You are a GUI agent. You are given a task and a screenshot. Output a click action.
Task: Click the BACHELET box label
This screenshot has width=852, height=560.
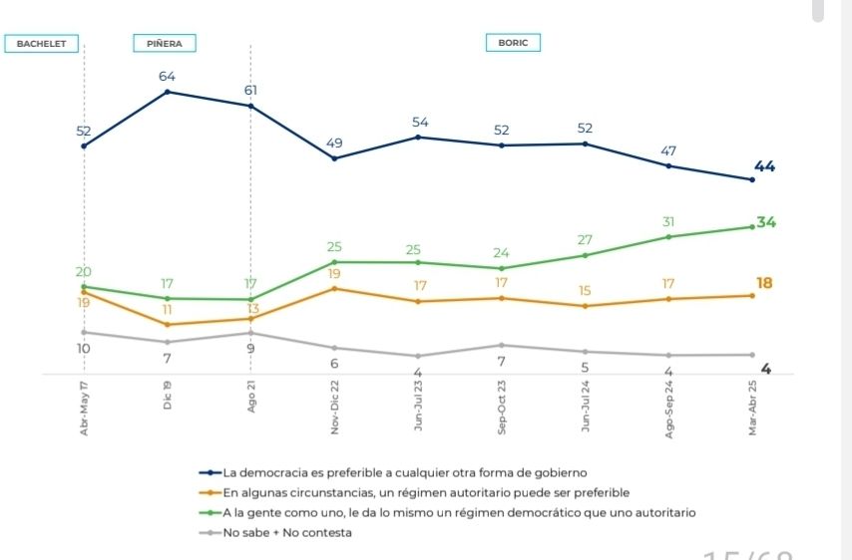41,44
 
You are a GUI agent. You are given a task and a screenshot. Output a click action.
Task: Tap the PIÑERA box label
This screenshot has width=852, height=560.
165,44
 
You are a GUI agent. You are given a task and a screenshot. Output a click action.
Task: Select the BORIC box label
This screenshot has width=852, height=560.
513,43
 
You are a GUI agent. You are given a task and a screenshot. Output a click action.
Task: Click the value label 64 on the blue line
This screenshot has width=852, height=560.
167,77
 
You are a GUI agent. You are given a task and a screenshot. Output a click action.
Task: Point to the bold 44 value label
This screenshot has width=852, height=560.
765,166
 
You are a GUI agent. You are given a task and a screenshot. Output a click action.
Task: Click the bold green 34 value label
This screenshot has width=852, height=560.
766,222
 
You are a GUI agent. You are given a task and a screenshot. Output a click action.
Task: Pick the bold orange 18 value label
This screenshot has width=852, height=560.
764,283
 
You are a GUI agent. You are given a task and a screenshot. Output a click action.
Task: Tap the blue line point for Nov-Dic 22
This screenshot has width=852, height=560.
334,158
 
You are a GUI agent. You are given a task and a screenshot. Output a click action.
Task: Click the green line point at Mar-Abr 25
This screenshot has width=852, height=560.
752,227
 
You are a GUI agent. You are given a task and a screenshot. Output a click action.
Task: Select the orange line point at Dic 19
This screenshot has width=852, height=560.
167,325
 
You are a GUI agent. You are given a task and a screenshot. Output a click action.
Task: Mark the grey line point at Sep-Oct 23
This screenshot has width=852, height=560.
502,345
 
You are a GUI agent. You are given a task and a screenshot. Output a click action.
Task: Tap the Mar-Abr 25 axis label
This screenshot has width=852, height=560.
752,409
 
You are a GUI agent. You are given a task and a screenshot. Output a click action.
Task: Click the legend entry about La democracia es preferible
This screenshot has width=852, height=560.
404,472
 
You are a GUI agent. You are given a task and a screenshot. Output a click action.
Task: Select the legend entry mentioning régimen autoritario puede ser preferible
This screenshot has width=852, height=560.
426,492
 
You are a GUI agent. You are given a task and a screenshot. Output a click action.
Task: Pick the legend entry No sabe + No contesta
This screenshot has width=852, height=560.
287,532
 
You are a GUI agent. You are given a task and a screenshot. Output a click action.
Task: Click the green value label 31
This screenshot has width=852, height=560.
668,221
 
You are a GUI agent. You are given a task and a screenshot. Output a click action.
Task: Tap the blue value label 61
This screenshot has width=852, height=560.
250,91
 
